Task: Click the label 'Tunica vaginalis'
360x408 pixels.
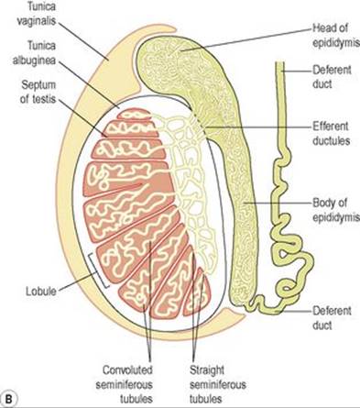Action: (x=37, y=14)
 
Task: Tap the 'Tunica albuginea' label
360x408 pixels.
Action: (x=34, y=53)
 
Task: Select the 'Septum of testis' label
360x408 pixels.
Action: (x=38, y=92)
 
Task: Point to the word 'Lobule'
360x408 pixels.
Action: (x=41, y=291)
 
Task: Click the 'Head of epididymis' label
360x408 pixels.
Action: (x=336, y=36)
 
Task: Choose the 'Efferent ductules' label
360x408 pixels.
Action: (x=331, y=133)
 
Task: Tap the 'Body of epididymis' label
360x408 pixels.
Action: (x=336, y=210)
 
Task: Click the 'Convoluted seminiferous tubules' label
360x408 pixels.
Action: (x=125, y=384)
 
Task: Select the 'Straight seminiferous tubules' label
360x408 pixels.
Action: (x=218, y=384)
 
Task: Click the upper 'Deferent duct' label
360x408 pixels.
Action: (x=332, y=76)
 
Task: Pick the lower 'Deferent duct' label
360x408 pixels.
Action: (x=332, y=318)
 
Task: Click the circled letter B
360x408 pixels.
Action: (x=9, y=399)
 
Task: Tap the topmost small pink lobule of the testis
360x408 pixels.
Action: (x=135, y=114)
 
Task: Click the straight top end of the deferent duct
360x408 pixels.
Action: (x=280, y=63)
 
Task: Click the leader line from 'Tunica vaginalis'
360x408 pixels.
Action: (x=82, y=40)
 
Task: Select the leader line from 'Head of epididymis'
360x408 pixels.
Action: (x=246, y=39)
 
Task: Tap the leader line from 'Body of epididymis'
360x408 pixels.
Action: (x=278, y=203)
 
